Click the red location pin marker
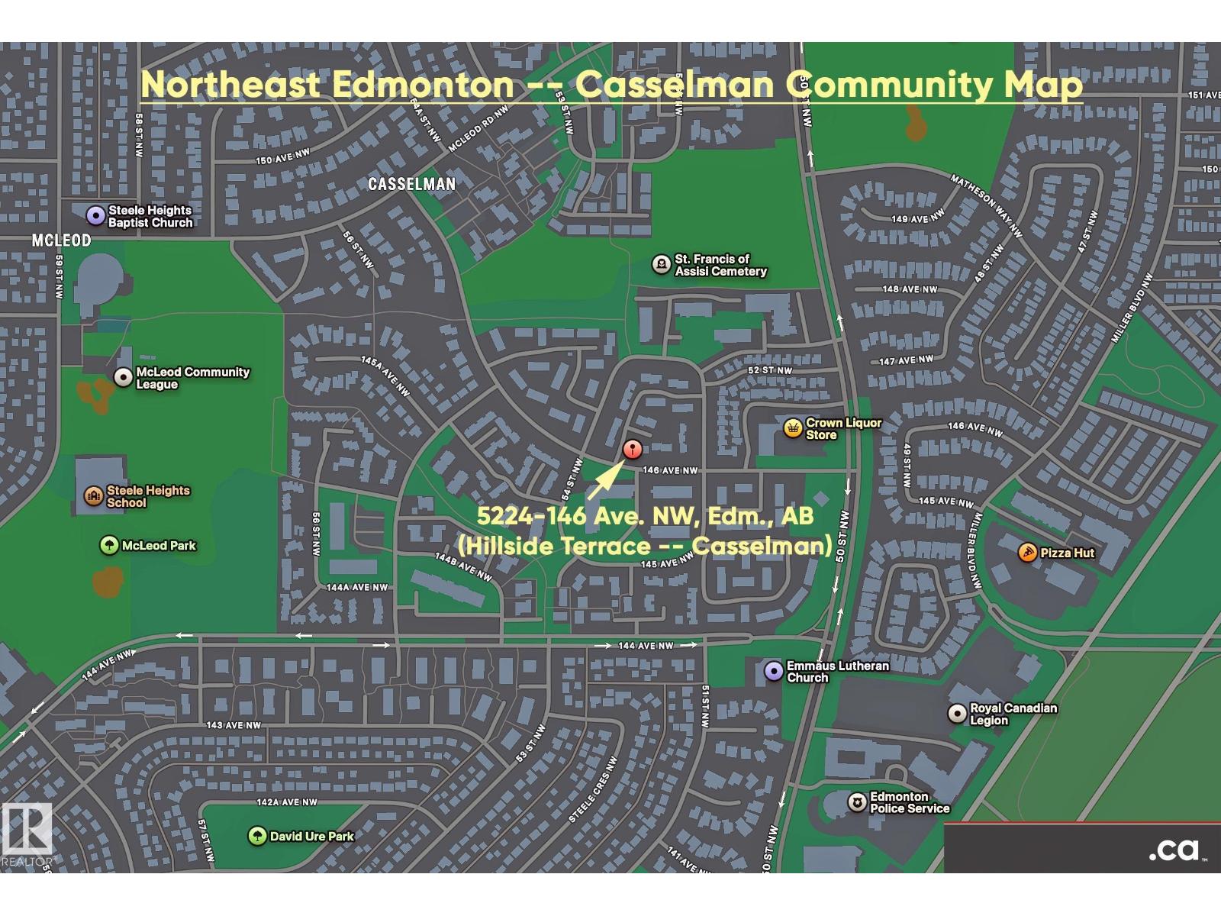[632, 450]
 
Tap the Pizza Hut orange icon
[1027, 553]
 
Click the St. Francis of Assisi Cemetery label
[720, 265]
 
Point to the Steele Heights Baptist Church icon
[95, 216]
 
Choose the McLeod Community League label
[192, 378]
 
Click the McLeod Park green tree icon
[109, 546]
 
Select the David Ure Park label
[311, 837]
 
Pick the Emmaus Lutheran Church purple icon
[774, 672]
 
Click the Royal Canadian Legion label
[1013, 714]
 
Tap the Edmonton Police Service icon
[857, 802]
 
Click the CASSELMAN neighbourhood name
[411, 184]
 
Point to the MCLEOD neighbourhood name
[61, 240]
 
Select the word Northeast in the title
[230, 84]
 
